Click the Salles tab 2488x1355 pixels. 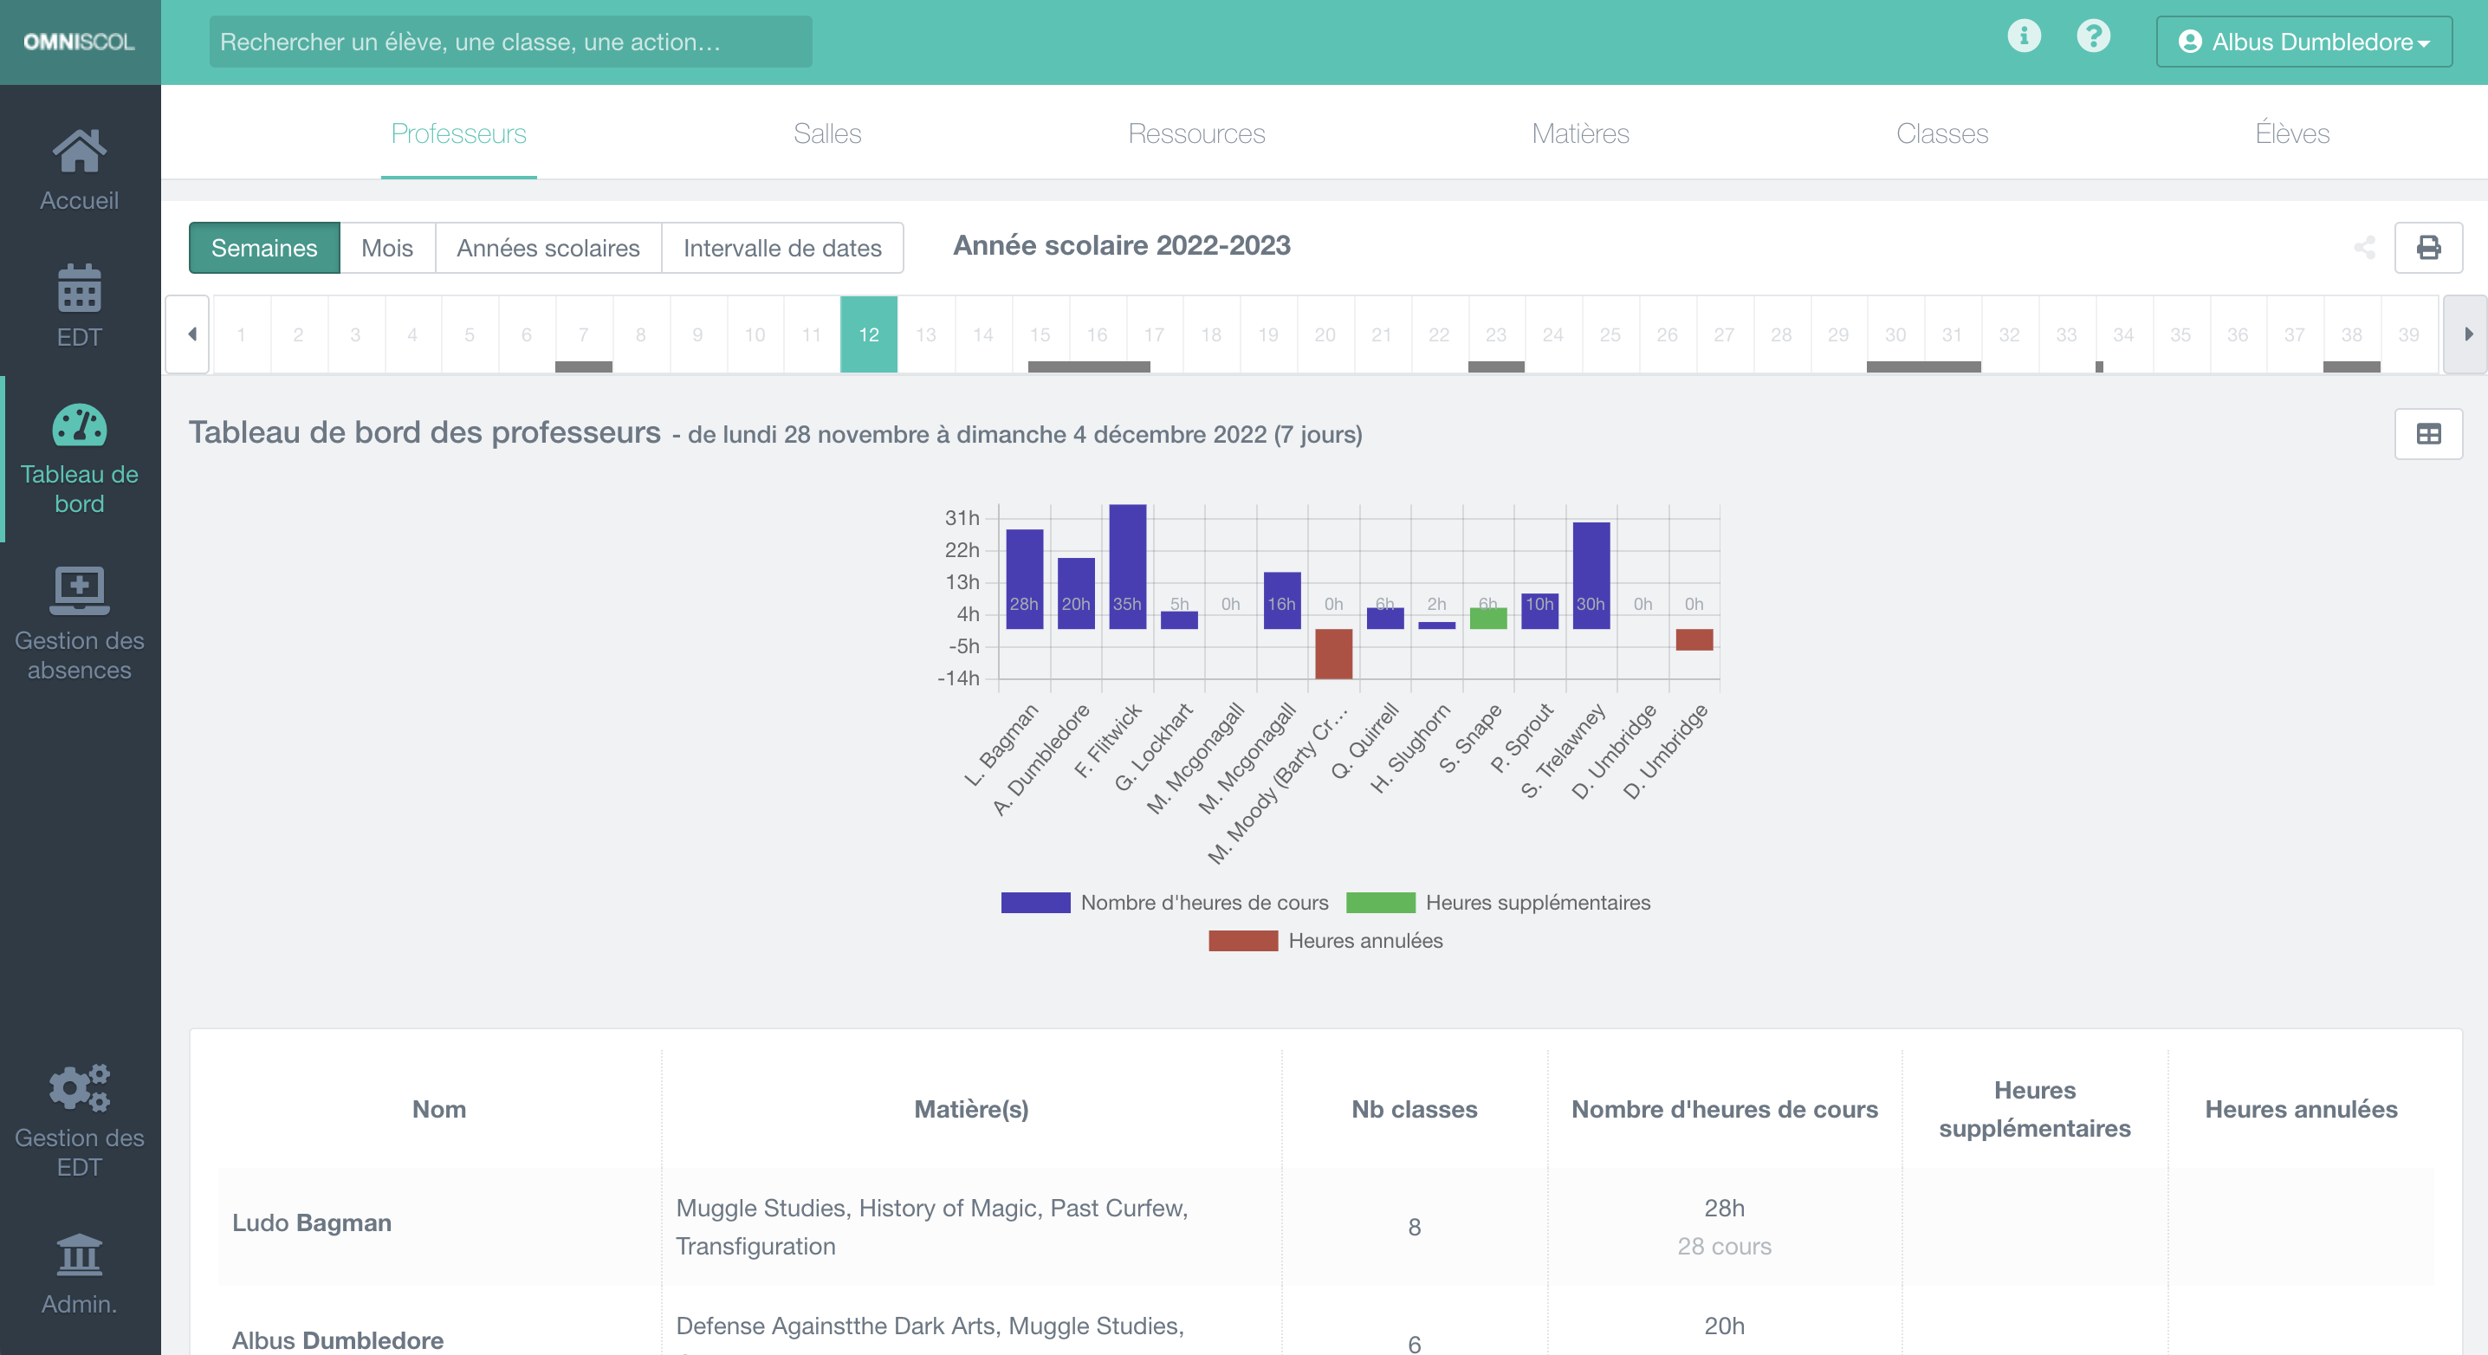point(826,133)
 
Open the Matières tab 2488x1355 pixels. point(1580,133)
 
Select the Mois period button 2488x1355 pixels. point(386,248)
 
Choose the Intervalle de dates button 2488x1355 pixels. point(781,248)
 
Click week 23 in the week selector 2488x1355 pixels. point(1495,334)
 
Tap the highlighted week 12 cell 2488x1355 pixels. point(868,334)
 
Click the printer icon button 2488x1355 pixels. point(2427,248)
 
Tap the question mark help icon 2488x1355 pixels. point(2093,36)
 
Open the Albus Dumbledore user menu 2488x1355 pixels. point(2303,42)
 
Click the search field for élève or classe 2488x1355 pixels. point(510,42)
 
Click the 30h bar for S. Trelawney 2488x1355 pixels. point(1591,574)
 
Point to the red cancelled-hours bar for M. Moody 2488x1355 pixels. point(1333,653)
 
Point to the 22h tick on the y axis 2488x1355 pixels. point(962,550)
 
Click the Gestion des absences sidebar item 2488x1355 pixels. point(79,625)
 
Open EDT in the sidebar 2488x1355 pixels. point(79,305)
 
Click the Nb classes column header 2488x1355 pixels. point(1414,1109)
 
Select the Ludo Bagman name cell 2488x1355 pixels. point(312,1222)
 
